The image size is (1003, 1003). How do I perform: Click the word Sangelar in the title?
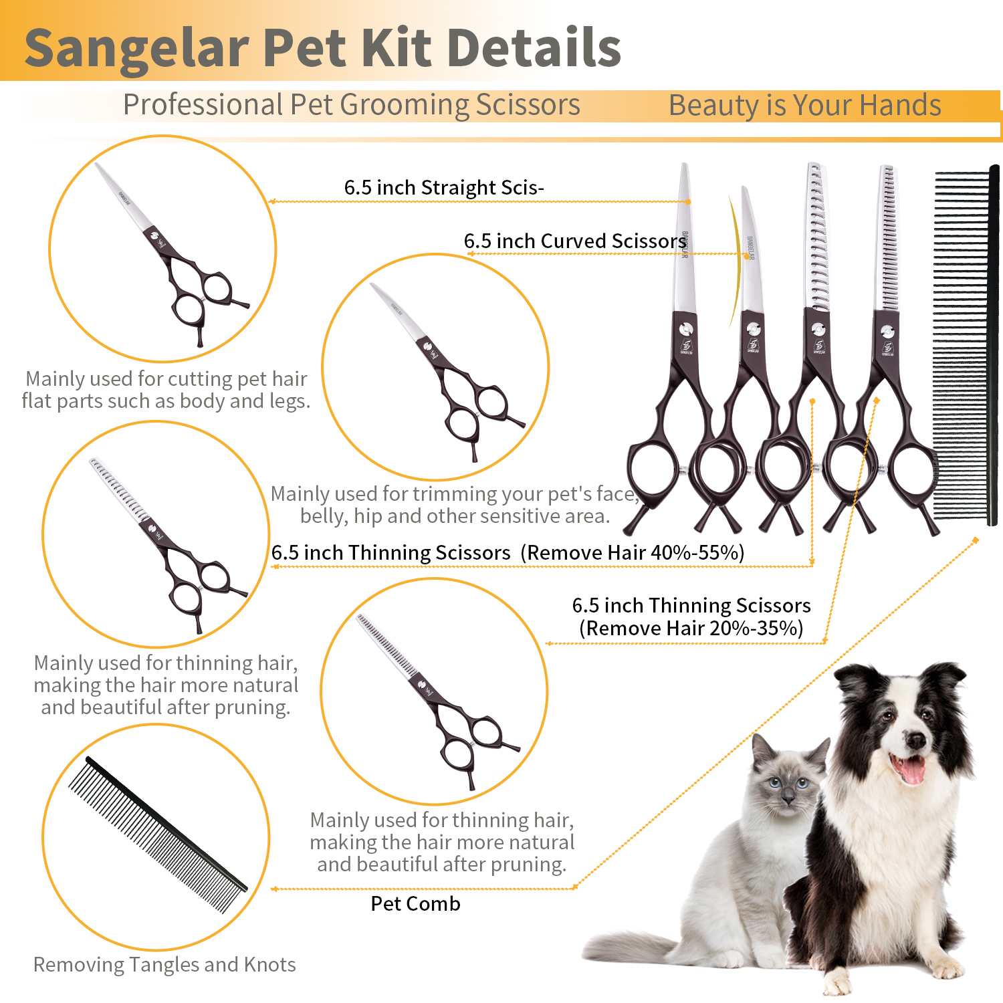coord(137,48)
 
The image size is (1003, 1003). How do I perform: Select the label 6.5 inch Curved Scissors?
coord(575,241)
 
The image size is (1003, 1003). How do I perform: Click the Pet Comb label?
coord(415,903)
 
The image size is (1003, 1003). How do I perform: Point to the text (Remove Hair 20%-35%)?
coord(691,628)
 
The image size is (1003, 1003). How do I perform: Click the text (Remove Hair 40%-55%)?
coord(632,552)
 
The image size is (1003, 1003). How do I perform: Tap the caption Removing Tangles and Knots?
coord(164,964)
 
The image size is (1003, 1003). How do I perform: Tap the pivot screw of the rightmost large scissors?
coord(887,331)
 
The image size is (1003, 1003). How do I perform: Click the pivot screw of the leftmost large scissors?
coord(685,329)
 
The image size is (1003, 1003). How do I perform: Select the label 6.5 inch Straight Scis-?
coord(444,187)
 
